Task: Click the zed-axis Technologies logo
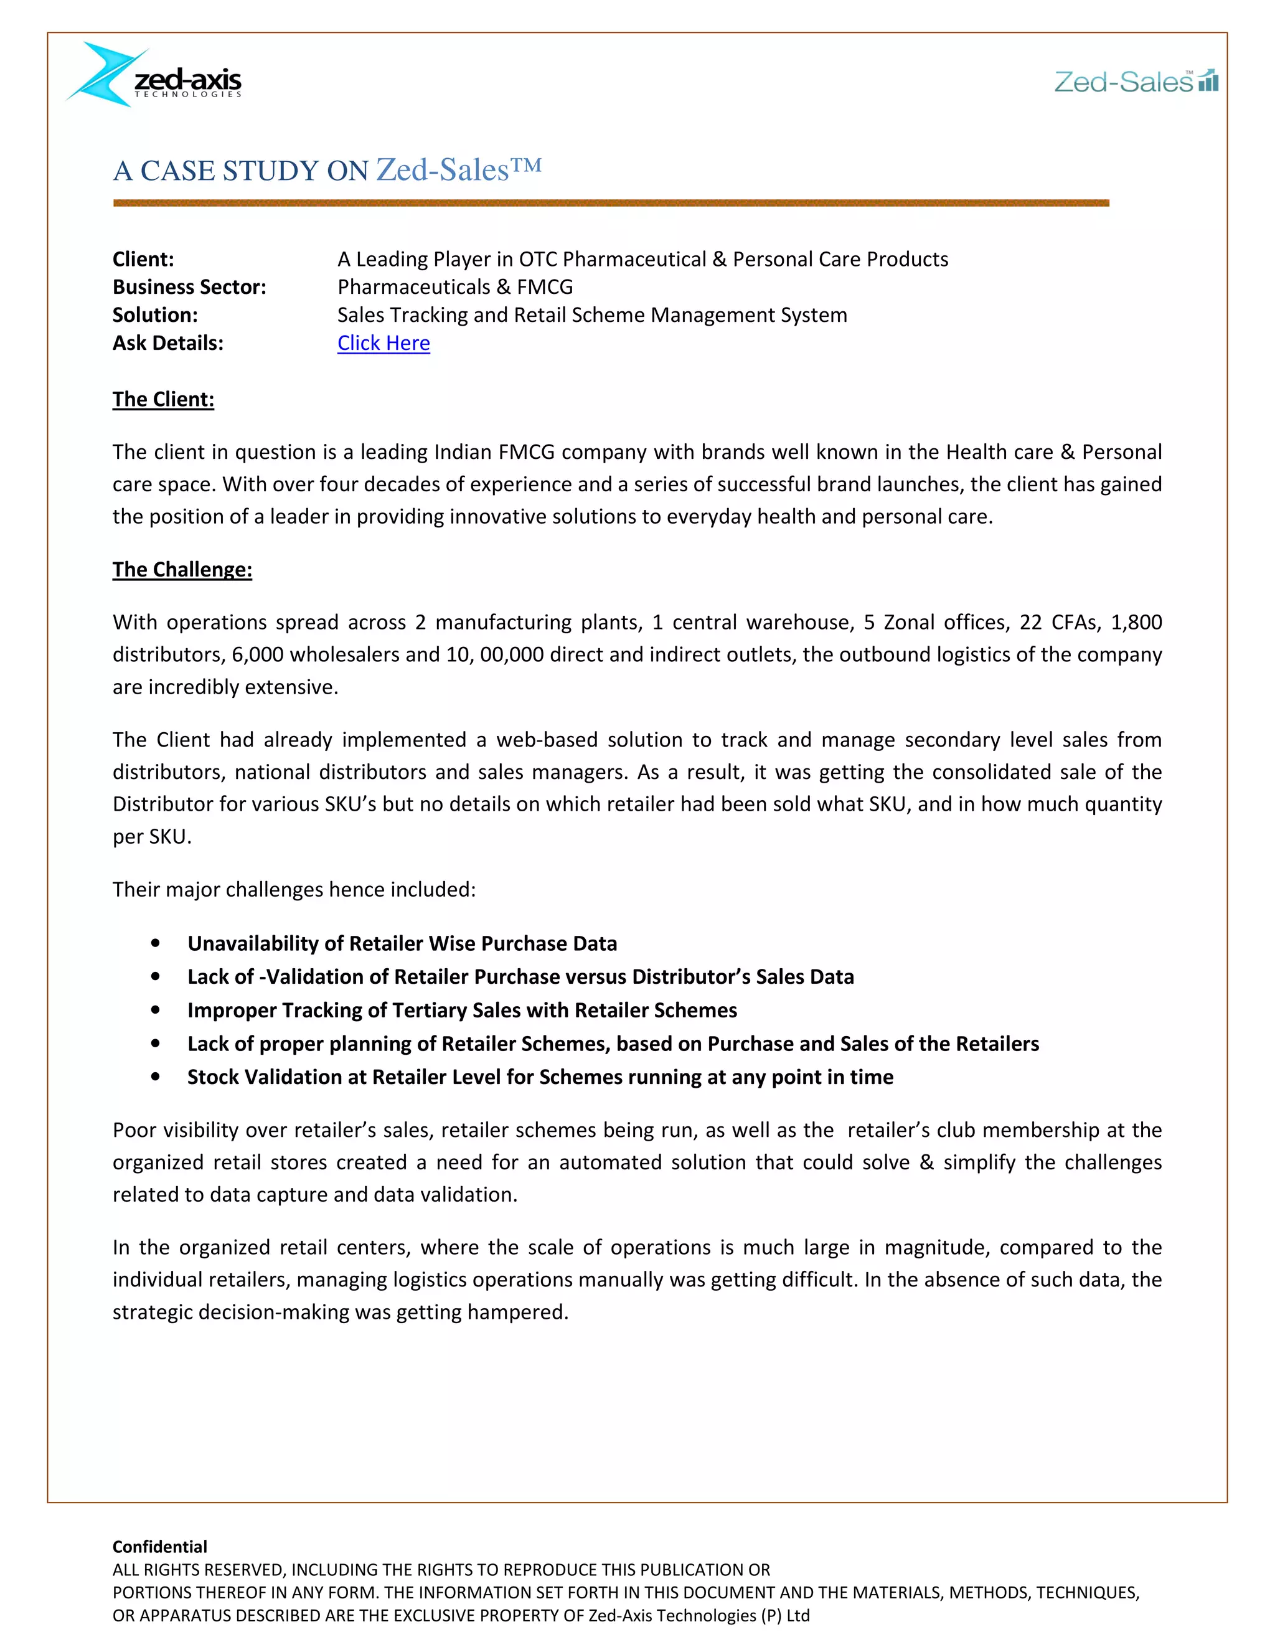click(155, 75)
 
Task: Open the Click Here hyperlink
click(383, 343)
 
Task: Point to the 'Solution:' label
click(155, 315)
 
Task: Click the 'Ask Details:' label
click(167, 343)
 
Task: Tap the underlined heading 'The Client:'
click(163, 399)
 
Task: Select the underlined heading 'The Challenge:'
click(182, 569)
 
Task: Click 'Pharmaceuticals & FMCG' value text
click(454, 287)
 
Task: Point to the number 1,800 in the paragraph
click(1136, 622)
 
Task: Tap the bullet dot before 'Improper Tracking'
click(156, 1009)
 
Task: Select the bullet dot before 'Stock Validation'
click(156, 1077)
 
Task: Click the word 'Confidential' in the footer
click(159, 1547)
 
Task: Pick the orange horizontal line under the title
click(610, 202)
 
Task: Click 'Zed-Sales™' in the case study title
click(458, 170)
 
